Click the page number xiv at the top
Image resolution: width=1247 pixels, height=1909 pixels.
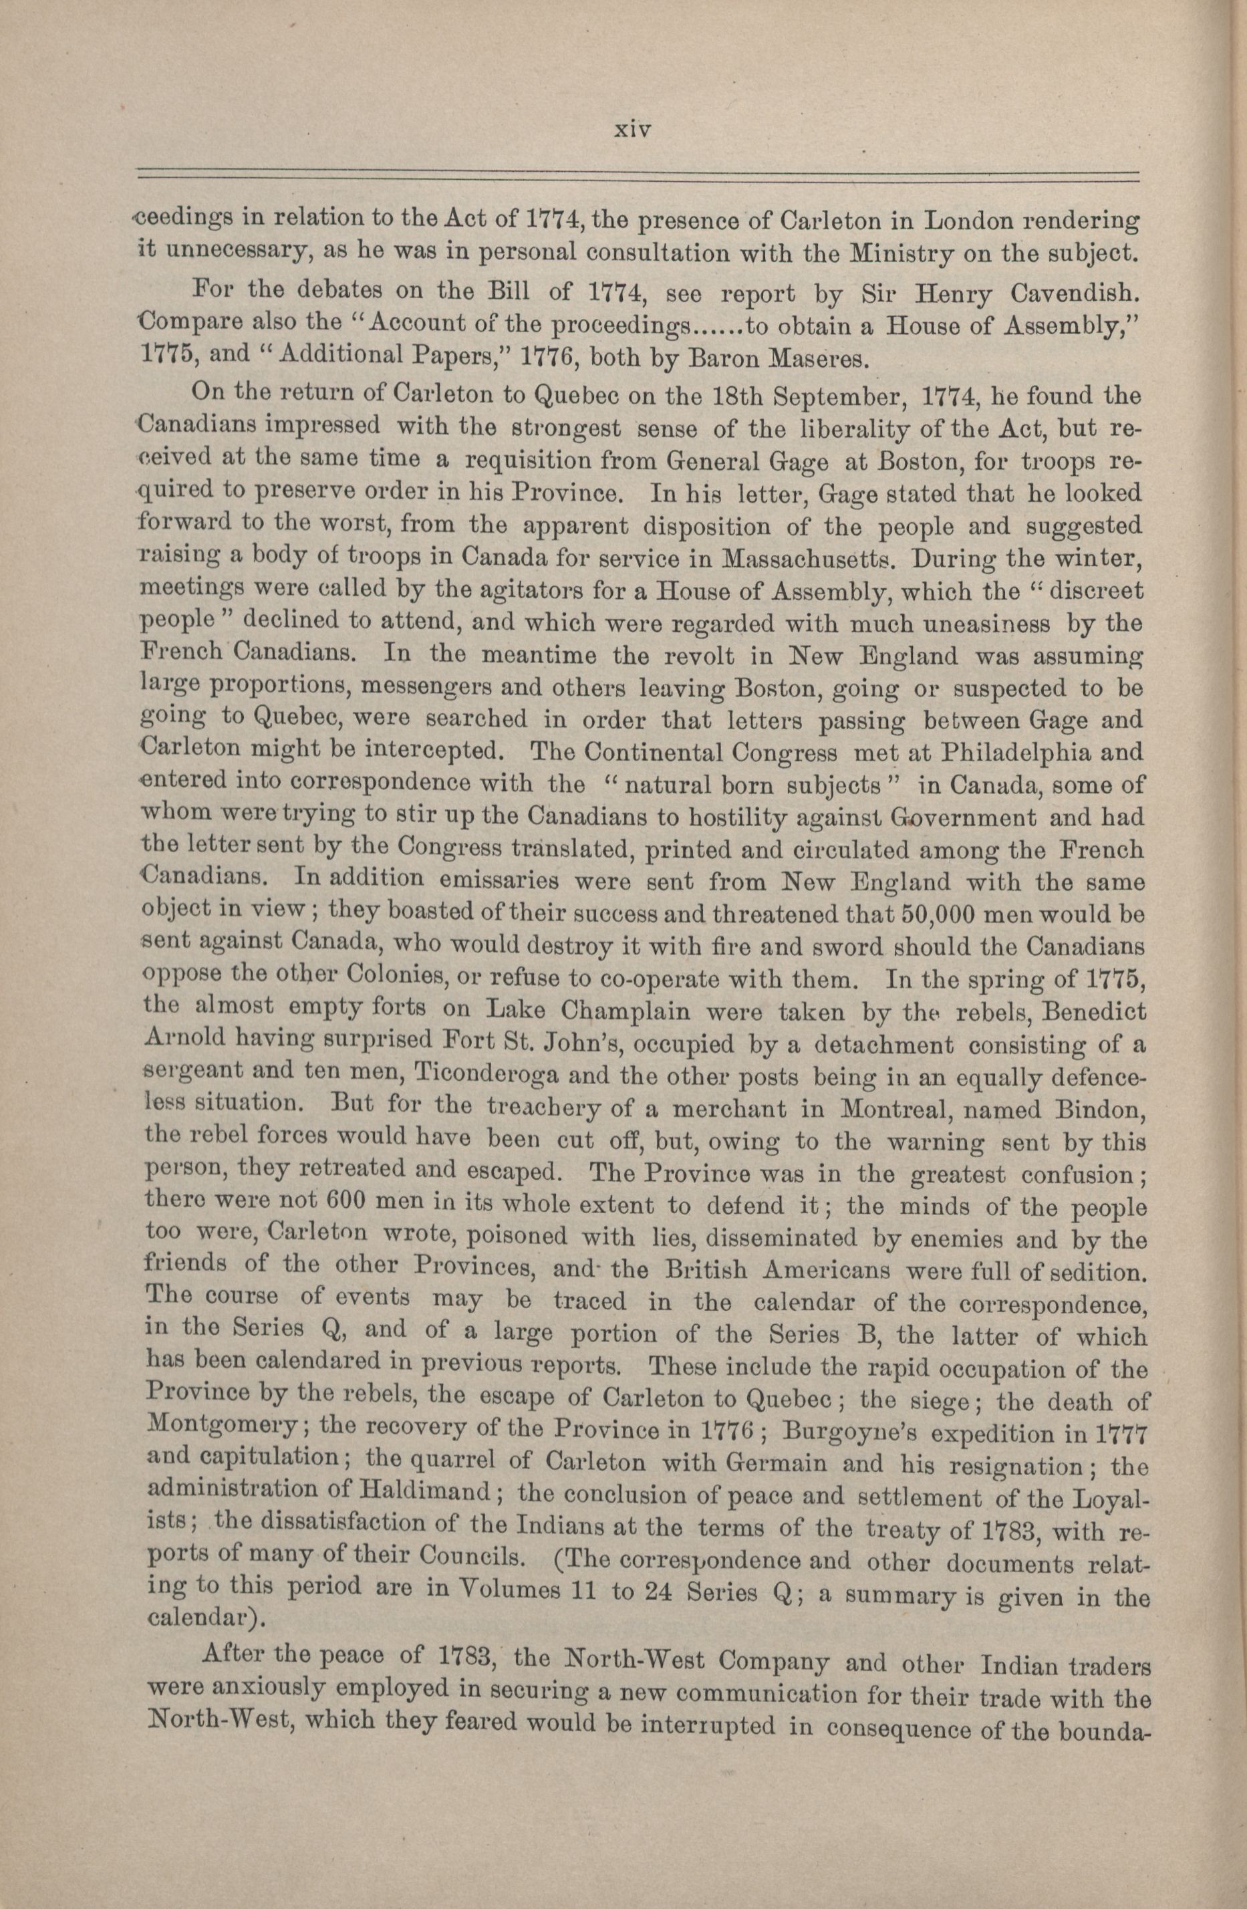click(630, 128)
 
